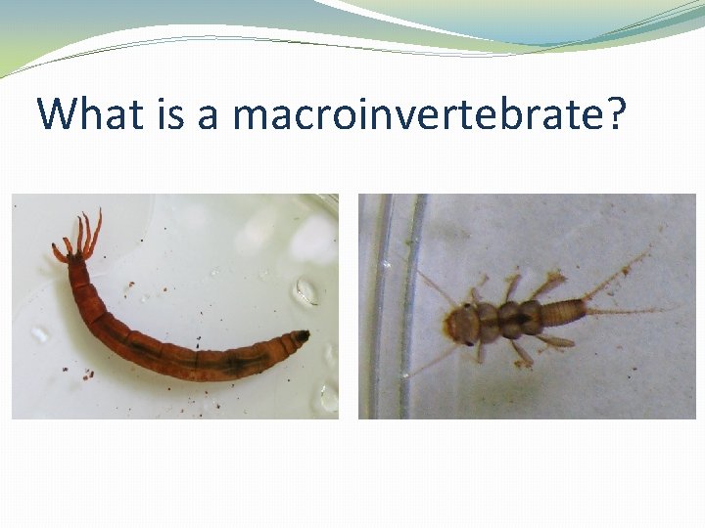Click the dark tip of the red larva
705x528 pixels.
pos(303,336)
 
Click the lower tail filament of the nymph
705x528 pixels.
pos(636,311)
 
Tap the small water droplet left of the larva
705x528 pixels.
pos(40,333)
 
